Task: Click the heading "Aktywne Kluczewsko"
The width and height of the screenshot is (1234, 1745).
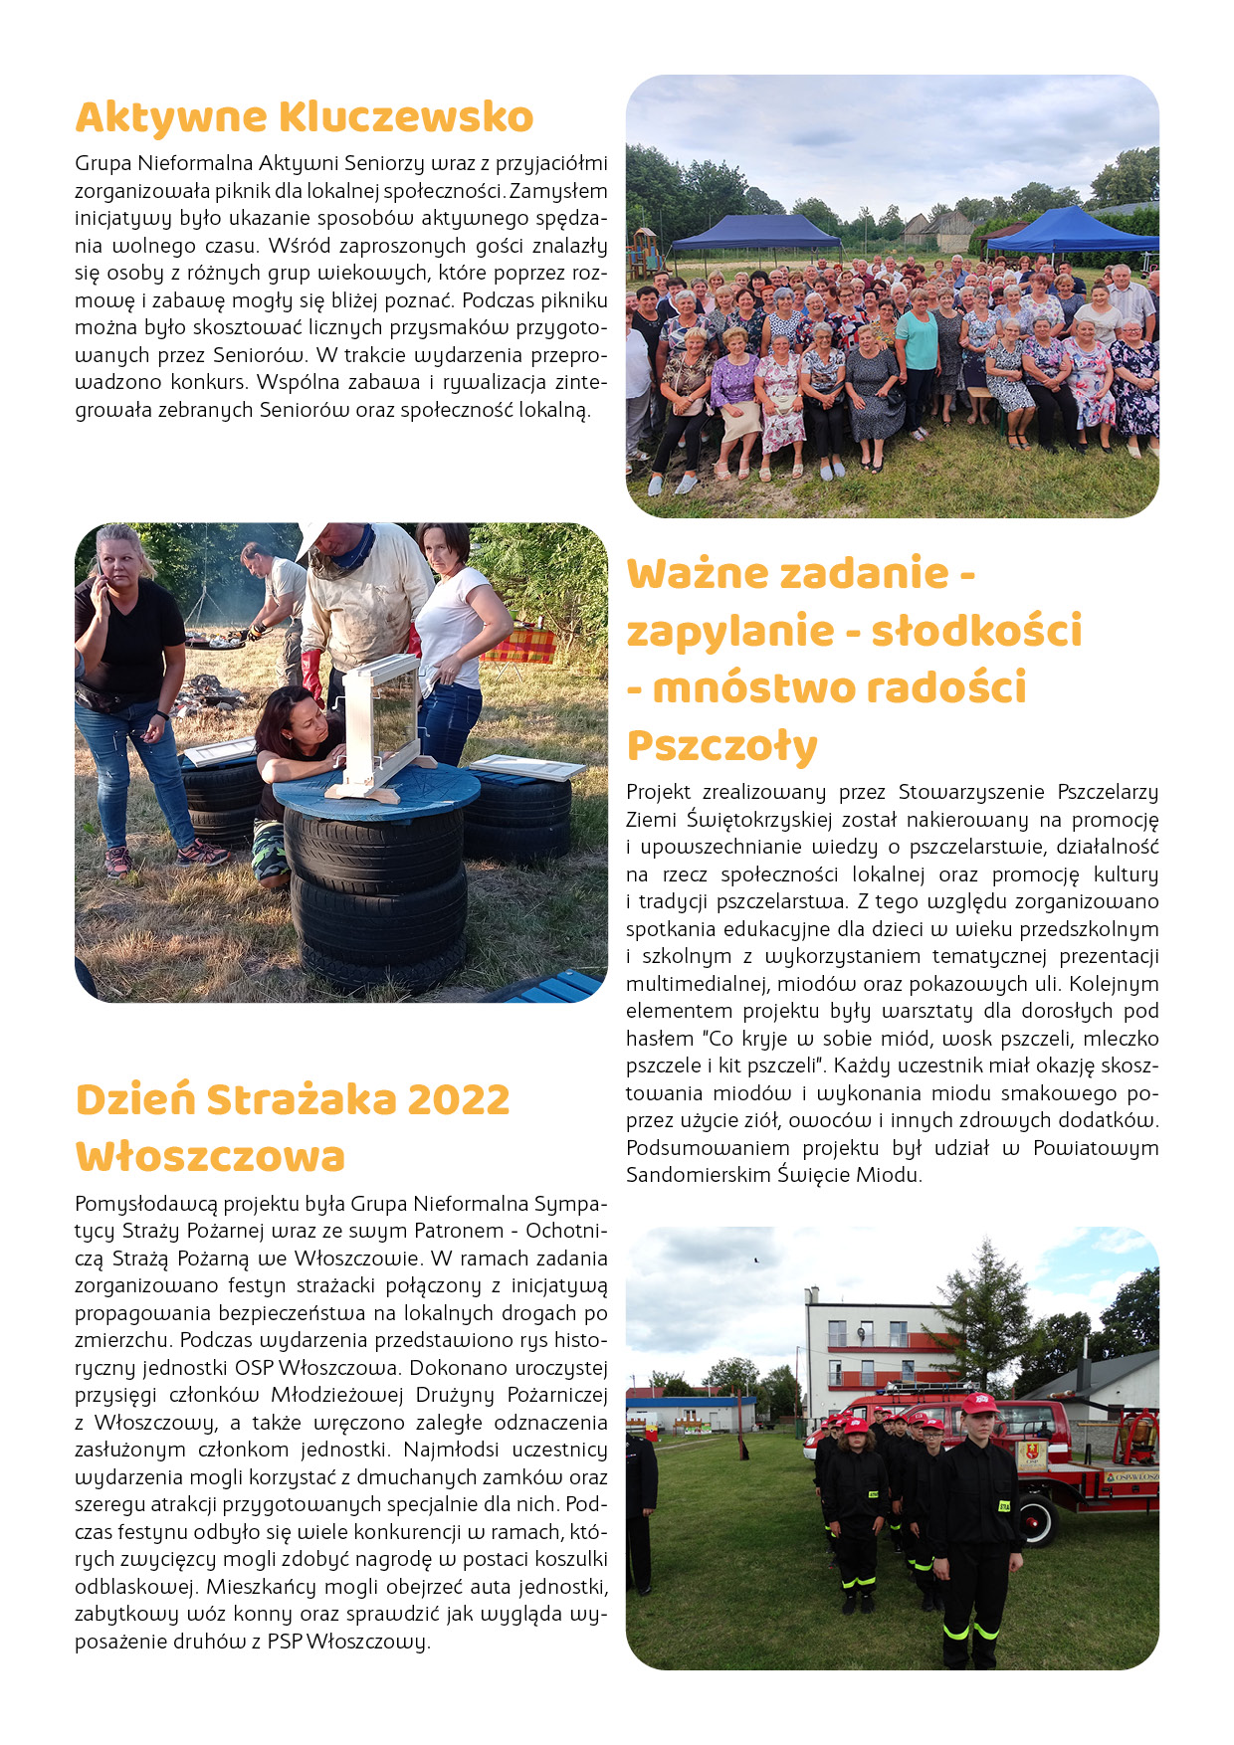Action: tap(305, 117)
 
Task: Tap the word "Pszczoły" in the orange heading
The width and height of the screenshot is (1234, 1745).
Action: tap(721, 745)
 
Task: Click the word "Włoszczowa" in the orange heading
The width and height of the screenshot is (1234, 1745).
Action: tap(210, 1157)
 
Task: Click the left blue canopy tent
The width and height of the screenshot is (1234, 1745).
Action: tap(756, 232)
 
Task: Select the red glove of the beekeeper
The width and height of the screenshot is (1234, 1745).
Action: tap(312, 674)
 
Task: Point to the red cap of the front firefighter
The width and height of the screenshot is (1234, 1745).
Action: tap(979, 1403)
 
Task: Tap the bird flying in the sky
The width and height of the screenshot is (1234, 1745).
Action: tap(755, 1260)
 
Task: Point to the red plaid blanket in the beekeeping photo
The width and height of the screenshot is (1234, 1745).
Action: tap(519, 644)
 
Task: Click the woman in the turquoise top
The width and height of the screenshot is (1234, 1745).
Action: tap(918, 343)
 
